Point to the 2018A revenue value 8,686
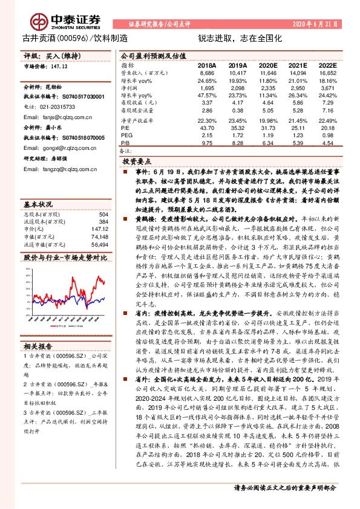coord(206,72)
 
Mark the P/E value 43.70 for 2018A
coord(206,128)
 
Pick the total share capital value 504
coord(103,215)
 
